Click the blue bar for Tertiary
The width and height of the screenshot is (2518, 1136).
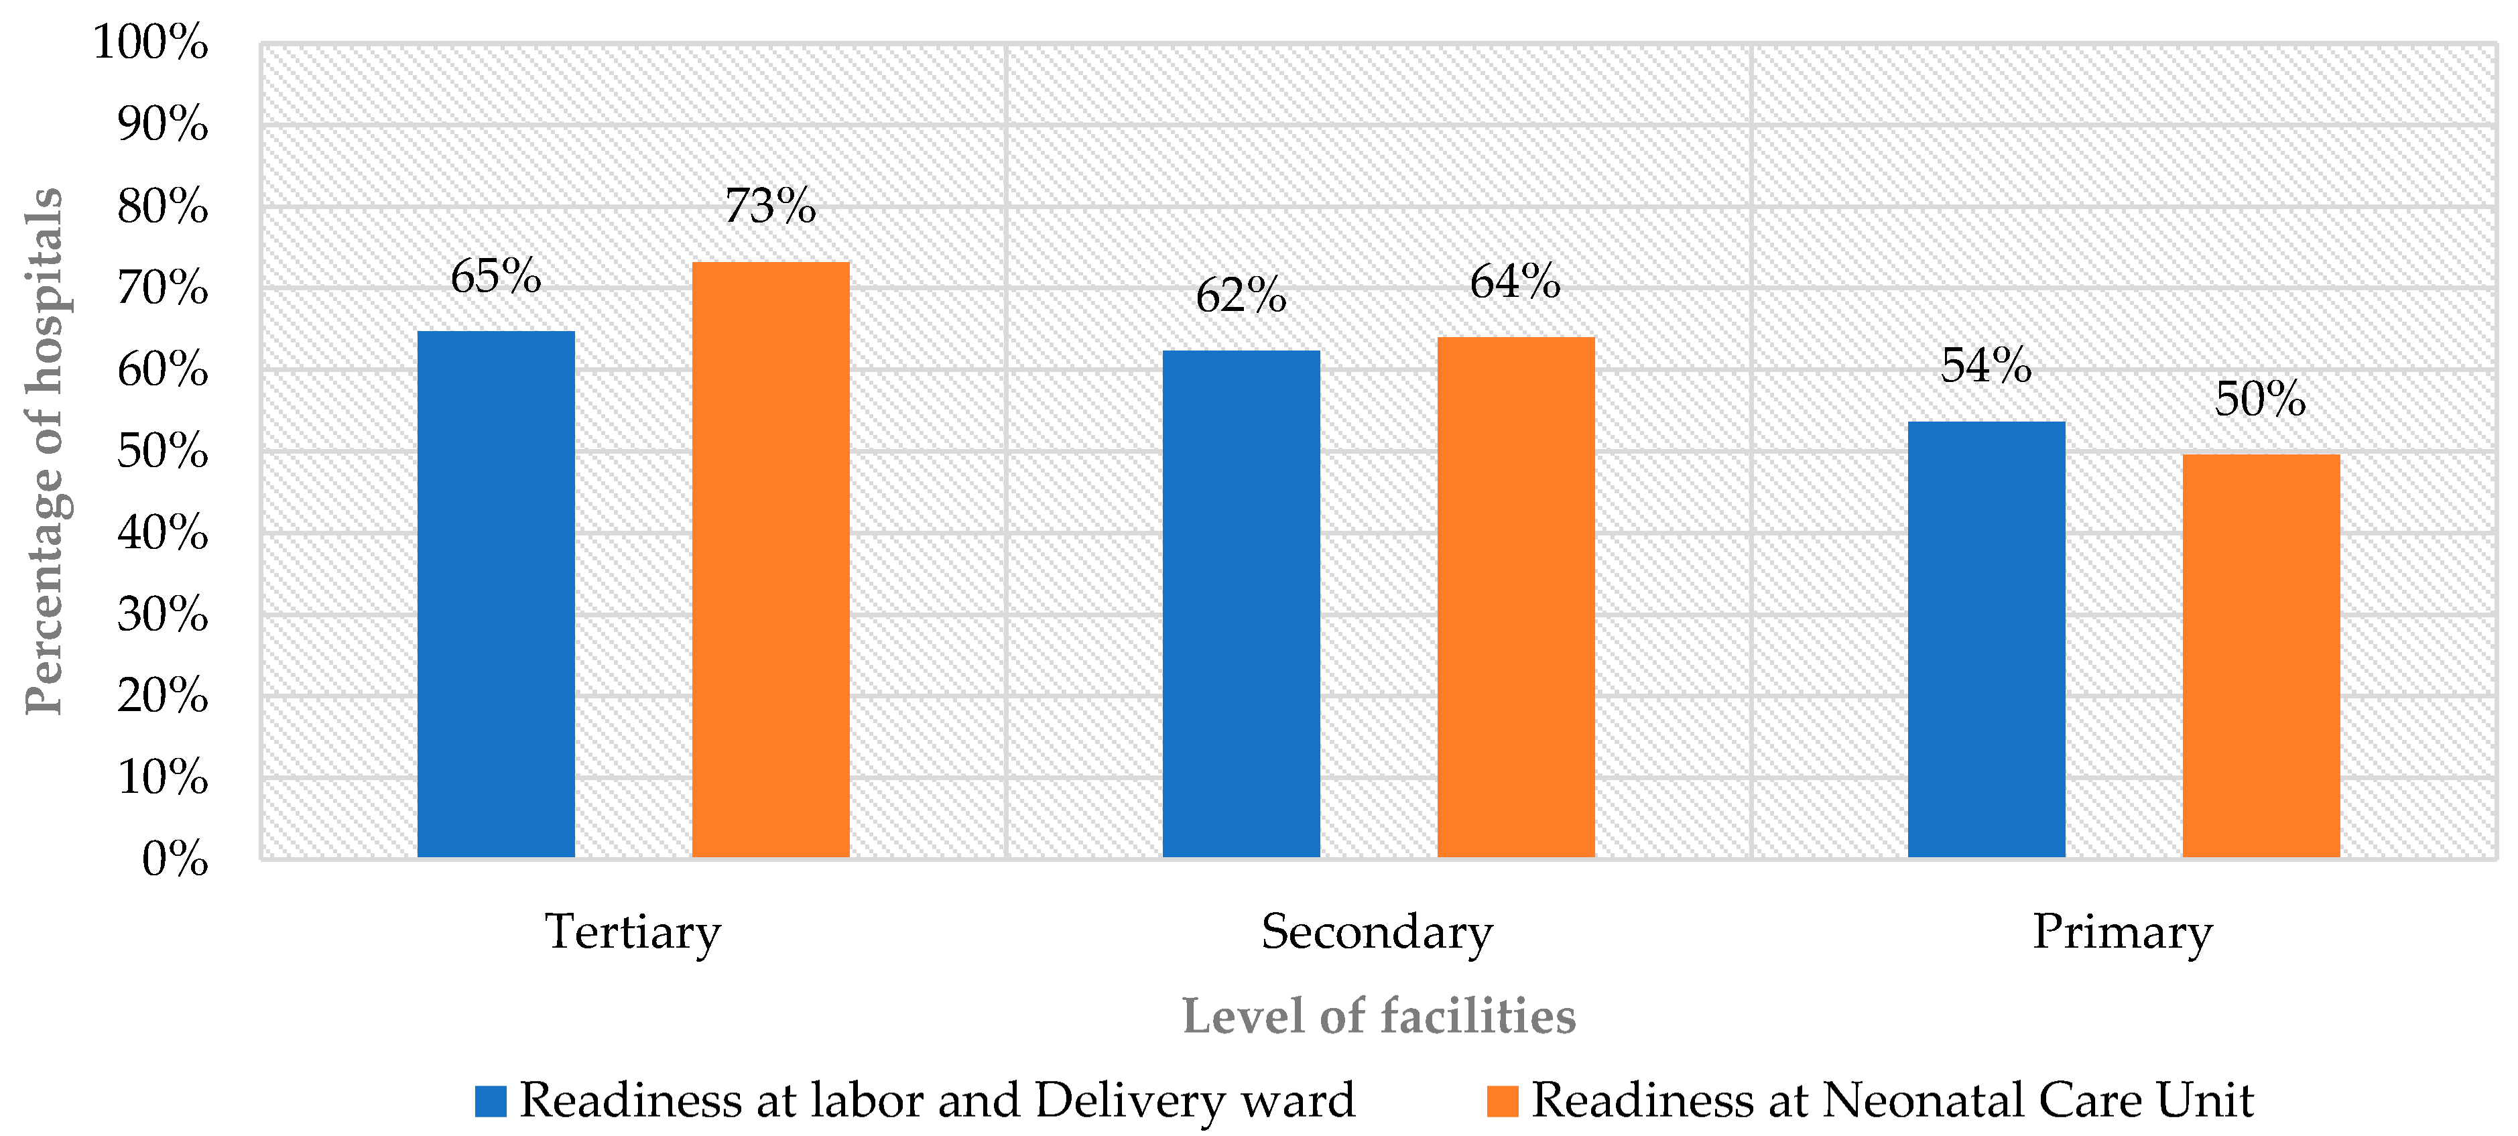click(x=495, y=594)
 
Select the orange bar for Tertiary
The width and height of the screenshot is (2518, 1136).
click(x=770, y=560)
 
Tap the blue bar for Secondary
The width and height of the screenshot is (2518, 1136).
click(x=1241, y=604)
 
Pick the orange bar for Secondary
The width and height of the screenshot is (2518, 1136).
click(x=1516, y=597)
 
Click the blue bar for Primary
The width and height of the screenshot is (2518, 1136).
click(x=1987, y=639)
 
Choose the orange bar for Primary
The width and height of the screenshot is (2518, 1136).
click(x=2261, y=656)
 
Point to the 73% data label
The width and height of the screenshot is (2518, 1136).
click(x=770, y=206)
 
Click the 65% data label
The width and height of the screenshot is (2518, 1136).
click(x=495, y=275)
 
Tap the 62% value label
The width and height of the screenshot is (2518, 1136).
click(x=1241, y=296)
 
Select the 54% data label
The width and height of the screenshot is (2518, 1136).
click(x=1987, y=366)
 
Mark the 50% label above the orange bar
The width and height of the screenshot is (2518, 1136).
click(x=2261, y=399)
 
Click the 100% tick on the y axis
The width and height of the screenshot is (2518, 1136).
click(x=151, y=43)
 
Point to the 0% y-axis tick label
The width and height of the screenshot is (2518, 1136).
click(x=175, y=859)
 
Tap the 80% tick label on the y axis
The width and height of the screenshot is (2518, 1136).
click(x=162, y=206)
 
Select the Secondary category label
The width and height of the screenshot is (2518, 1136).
click(x=1377, y=931)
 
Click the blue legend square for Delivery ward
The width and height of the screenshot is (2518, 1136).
click(x=491, y=1100)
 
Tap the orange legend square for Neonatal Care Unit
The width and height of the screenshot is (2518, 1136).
click(x=1503, y=1100)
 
